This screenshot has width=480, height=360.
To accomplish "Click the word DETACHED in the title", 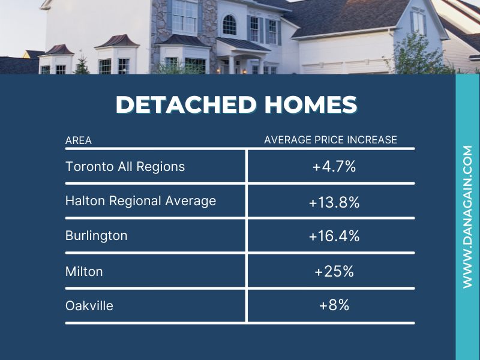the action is coord(186,104).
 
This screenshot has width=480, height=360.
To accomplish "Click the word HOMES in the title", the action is coord(311,104).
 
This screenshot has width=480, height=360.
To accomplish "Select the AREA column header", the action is coord(79,140).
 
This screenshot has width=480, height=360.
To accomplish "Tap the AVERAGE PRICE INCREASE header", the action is coord(331,140).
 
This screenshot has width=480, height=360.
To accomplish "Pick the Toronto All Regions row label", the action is coord(125,167).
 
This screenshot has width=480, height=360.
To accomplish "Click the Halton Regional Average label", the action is coord(141,201).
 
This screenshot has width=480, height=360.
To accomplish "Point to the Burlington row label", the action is coord(97,236).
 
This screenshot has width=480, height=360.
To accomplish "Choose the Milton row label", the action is coord(84,272).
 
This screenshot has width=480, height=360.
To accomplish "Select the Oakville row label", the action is coord(89,306).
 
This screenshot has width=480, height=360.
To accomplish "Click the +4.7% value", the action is coord(334,167).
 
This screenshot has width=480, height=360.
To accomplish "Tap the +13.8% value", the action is coord(334,202).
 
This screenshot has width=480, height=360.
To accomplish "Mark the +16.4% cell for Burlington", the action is coord(334,236).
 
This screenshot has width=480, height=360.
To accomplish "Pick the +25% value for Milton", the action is coord(334,272).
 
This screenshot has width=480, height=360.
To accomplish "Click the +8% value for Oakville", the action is coord(334,305).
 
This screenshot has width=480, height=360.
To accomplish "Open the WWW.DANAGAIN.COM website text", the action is coord(468,217).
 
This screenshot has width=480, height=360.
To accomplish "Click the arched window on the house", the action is coord(229,25).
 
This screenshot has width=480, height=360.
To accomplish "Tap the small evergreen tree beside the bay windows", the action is coord(82,65).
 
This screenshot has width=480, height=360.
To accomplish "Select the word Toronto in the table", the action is coord(89,167).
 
